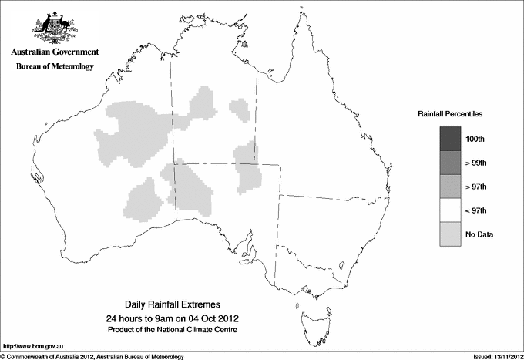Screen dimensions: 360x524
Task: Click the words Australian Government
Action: (x=55, y=52)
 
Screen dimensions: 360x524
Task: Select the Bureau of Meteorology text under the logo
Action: (x=55, y=66)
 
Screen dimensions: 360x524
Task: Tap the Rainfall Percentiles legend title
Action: (x=451, y=114)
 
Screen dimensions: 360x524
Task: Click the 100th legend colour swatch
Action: (x=450, y=139)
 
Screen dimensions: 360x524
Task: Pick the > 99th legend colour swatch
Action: (x=450, y=163)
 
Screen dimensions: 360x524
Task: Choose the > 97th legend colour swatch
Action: (x=450, y=187)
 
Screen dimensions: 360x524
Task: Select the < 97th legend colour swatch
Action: (x=450, y=210)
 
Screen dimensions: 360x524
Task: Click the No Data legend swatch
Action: (x=450, y=234)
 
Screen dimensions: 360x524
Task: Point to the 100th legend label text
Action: (x=475, y=139)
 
